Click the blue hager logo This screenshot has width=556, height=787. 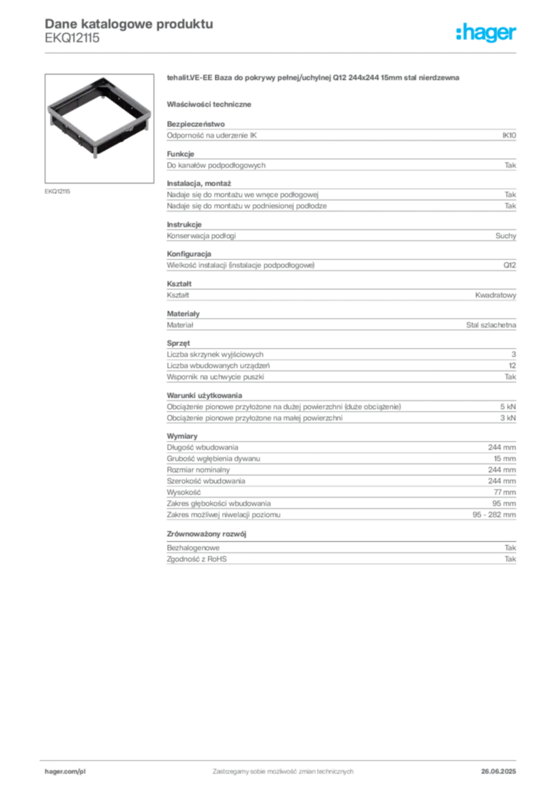(488, 35)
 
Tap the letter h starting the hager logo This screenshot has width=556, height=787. (458, 33)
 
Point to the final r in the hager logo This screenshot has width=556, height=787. (515, 36)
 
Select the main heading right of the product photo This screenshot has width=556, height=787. (313, 79)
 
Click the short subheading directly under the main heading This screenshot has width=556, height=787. (211, 104)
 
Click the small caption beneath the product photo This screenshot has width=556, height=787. (58, 191)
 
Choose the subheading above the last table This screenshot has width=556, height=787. (209, 533)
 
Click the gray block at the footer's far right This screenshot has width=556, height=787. (505, 767)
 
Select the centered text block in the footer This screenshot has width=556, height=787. (282, 767)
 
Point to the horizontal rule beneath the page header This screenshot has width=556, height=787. (282, 51)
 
